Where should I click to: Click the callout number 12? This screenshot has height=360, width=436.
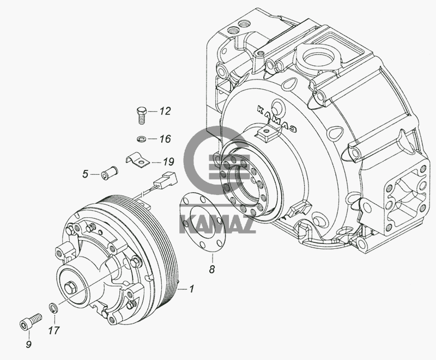(x=165, y=112)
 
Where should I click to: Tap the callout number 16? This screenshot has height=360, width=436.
(x=165, y=139)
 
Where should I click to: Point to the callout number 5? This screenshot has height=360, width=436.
(x=85, y=174)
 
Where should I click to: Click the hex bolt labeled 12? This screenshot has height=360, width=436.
(x=140, y=115)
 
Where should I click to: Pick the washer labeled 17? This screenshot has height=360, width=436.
(x=53, y=308)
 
